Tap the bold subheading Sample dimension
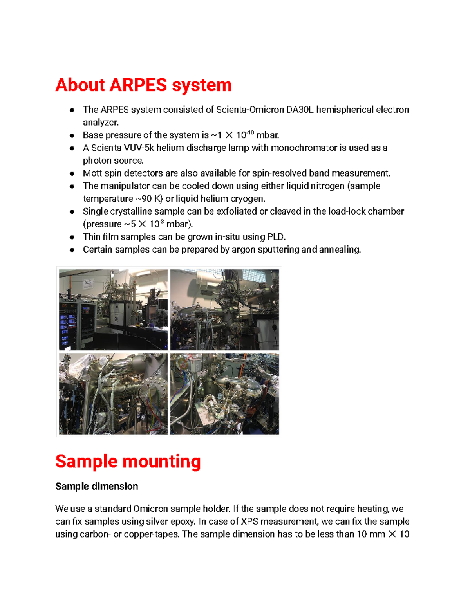(x=96, y=486)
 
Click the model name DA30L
(x=300, y=110)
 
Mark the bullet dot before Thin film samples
(x=72, y=237)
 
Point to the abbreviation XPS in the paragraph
(x=249, y=521)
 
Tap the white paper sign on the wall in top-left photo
(x=89, y=284)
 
